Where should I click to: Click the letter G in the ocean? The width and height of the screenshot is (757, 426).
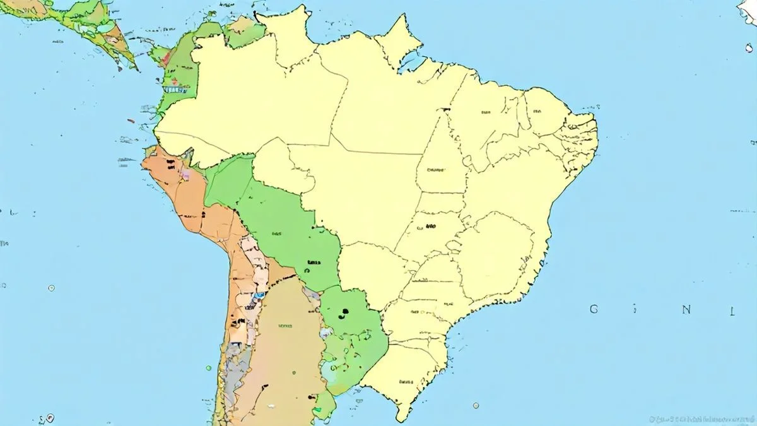tap(594, 309)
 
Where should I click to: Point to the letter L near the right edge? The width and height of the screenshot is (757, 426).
tap(733, 311)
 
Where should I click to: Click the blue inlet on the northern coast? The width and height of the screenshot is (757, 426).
tap(411, 61)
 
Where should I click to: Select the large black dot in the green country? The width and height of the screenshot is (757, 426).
tap(345, 311)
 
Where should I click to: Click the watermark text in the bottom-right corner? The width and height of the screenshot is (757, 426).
tap(700, 418)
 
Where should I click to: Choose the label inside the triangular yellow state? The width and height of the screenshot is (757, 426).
tap(435, 169)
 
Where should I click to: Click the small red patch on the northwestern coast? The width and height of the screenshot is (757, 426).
tap(166, 58)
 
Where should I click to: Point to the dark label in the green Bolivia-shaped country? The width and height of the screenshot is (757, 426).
tap(313, 262)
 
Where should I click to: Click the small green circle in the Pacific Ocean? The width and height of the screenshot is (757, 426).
tap(208, 367)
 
